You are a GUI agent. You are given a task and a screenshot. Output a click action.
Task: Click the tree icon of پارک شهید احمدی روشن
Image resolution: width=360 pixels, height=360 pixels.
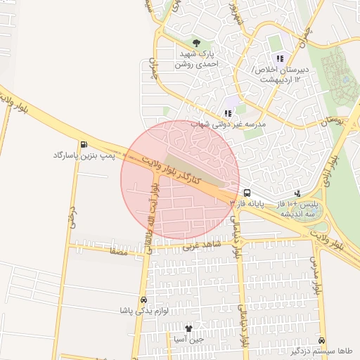point(196,44)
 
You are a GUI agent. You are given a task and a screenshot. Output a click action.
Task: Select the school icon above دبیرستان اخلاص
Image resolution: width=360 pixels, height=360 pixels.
point(280,58)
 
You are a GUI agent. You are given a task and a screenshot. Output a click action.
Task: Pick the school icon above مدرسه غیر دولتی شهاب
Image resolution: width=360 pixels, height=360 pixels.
point(227,112)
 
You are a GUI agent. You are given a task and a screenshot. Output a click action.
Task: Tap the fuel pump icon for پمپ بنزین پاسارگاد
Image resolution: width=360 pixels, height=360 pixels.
point(85,145)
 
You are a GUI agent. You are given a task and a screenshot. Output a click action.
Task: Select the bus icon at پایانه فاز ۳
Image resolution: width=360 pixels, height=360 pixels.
point(247,192)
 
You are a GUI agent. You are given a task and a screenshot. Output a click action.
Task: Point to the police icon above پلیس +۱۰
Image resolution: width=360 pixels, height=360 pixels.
point(297,192)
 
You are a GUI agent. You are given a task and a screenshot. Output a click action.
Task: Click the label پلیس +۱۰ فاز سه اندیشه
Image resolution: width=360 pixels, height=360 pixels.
point(310,207)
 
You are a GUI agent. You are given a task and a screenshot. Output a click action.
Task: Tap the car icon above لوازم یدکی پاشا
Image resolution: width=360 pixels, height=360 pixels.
point(143,300)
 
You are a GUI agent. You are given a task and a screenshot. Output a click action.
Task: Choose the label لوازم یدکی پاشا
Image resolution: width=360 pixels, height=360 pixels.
point(141,310)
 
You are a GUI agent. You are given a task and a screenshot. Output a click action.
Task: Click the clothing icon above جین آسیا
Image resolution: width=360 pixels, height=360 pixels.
point(188,328)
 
